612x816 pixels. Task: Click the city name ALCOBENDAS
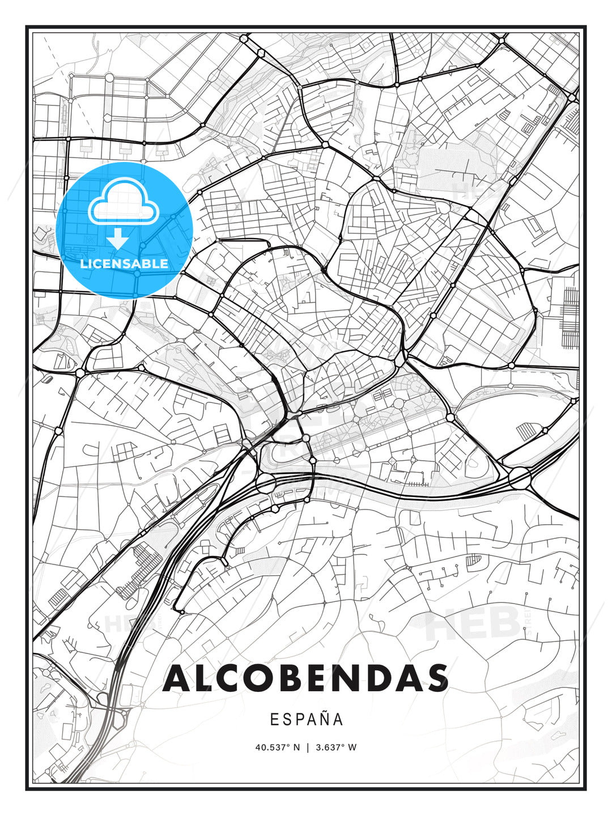pos(305,678)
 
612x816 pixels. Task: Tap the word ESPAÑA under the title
pos(306,719)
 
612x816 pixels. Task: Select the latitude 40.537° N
pos(277,747)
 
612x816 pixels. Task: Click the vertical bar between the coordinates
pos(307,747)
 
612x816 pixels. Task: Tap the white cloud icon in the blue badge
pos(123,202)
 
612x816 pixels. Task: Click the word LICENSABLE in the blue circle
pos(124,263)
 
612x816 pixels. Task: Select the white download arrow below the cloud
pos(118,239)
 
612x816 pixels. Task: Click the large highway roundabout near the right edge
pos(520,478)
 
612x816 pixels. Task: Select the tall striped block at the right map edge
pos(570,317)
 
